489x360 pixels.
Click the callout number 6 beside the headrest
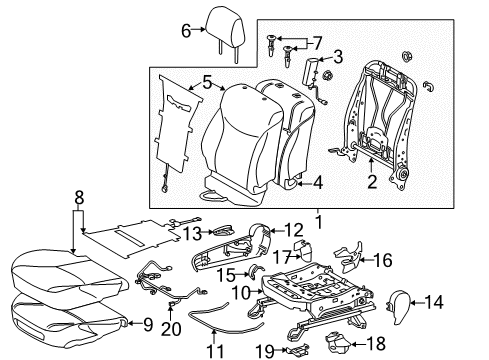[x=186, y=31]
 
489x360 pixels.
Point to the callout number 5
[x=206, y=83]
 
